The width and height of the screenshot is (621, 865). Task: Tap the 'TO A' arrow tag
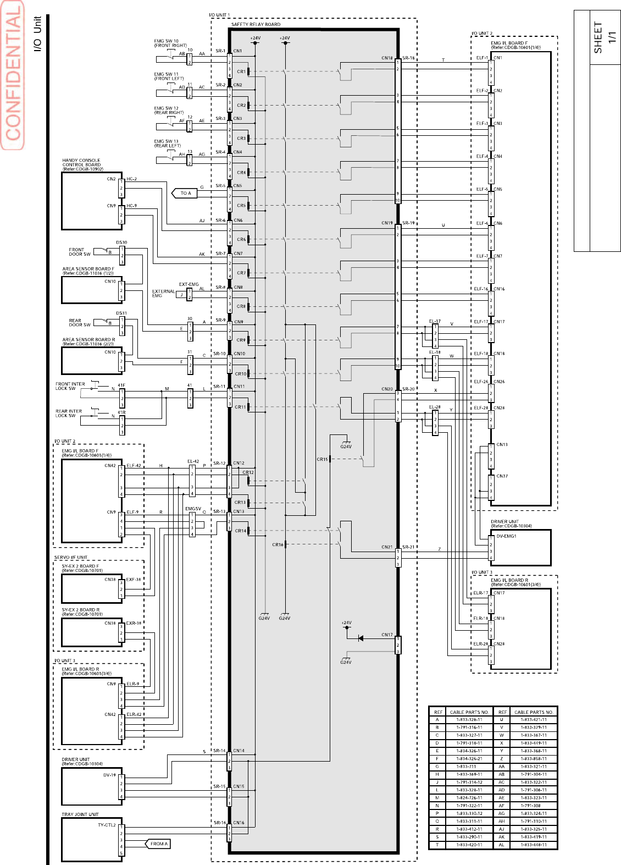(x=185, y=193)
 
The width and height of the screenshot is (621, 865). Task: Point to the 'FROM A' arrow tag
(x=158, y=844)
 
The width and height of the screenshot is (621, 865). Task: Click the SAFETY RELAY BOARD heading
(x=256, y=24)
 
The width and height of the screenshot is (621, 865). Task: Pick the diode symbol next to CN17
(x=361, y=638)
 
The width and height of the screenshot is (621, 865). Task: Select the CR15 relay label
(x=322, y=459)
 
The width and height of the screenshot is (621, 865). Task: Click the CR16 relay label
(x=278, y=545)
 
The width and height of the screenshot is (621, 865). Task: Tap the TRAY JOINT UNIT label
(x=80, y=814)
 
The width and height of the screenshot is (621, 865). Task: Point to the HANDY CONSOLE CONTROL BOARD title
(x=82, y=164)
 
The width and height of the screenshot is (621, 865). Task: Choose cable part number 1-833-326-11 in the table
(x=469, y=719)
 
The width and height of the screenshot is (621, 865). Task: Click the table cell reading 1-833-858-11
(x=533, y=758)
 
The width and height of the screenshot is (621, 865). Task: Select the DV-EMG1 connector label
(x=506, y=536)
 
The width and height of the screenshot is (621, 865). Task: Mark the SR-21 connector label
(x=408, y=547)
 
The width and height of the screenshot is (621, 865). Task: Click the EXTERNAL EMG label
(x=163, y=294)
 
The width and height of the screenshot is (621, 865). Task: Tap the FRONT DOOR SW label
(x=79, y=252)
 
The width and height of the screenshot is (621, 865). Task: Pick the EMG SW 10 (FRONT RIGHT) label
(x=170, y=43)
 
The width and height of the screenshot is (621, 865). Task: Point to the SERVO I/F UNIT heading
(x=71, y=557)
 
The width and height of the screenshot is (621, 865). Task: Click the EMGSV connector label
(x=193, y=509)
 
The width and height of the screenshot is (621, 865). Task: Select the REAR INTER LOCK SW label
(x=68, y=413)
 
